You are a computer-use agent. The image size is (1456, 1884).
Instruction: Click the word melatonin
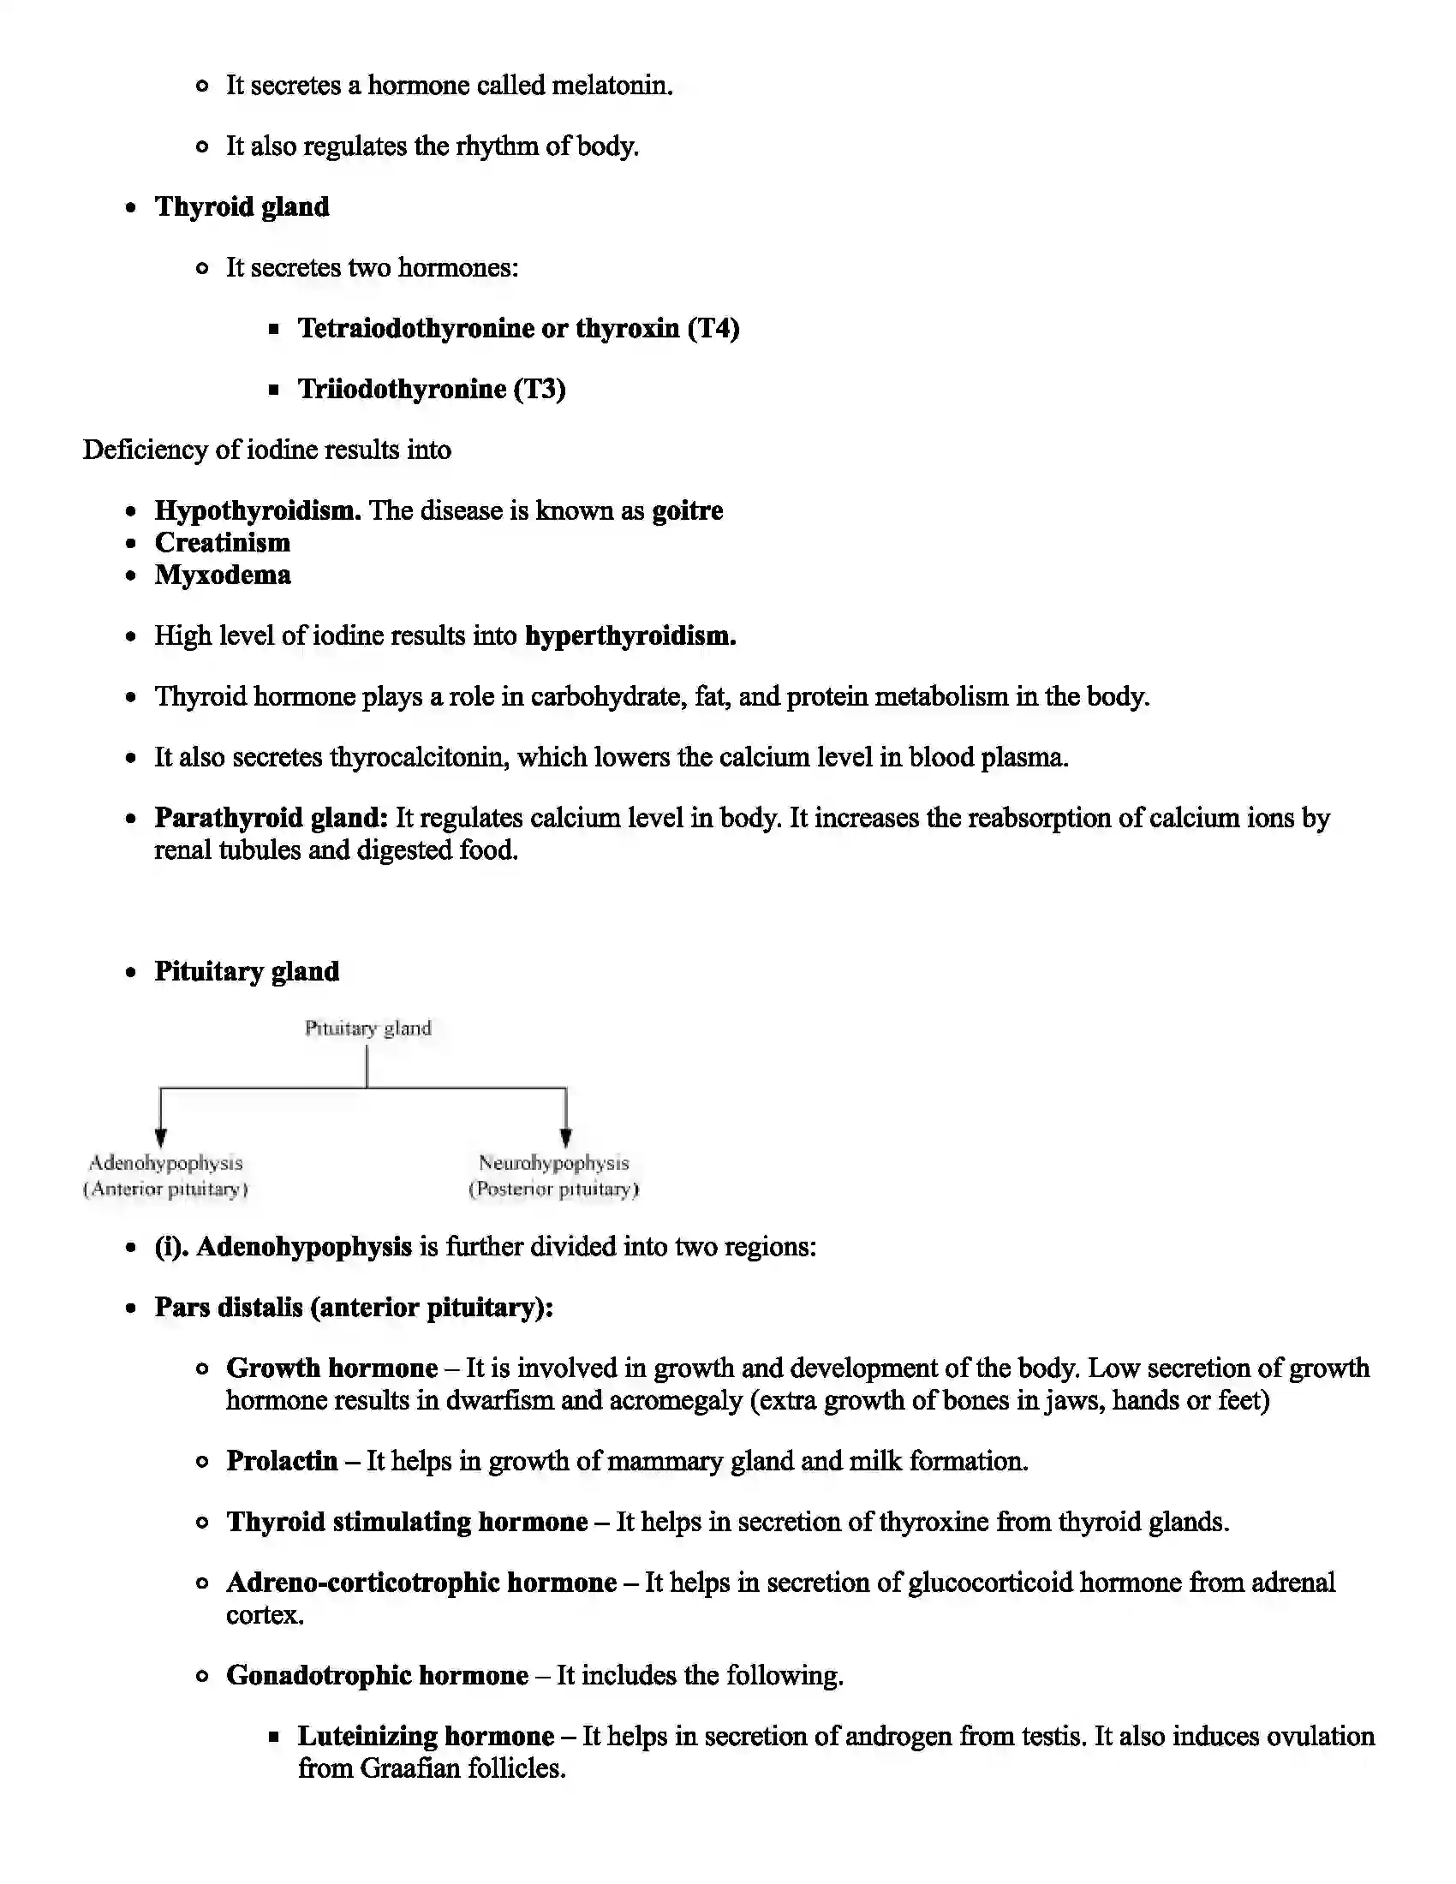tap(610, 86)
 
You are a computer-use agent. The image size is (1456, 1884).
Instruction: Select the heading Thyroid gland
tap(242, 207)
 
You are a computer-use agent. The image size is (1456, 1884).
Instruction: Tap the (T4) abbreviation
tap(713, 329)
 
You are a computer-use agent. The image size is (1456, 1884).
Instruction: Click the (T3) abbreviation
tap(540, 389)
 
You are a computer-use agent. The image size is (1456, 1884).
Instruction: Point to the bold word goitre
tap(687, 510)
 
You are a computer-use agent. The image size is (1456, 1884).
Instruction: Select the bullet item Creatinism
tap(223, 543)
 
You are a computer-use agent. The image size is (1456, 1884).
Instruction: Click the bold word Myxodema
tap(223, 575)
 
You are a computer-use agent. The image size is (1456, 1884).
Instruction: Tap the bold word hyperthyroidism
tap(630, 636)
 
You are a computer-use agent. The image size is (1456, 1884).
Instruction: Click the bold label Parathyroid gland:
tap(272, 818)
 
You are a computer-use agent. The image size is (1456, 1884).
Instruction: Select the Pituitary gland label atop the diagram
tap(367, 1028)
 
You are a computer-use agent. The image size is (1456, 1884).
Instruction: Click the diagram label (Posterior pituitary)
tap(554, 1189)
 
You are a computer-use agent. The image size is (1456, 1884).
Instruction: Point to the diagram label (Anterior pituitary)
tap(165, 1189)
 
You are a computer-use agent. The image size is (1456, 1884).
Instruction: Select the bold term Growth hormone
tap(332, 1368)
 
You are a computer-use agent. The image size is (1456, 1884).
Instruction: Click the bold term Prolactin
tap(282, 1460)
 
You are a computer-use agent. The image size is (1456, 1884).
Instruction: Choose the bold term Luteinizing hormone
tap(427, 1736)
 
